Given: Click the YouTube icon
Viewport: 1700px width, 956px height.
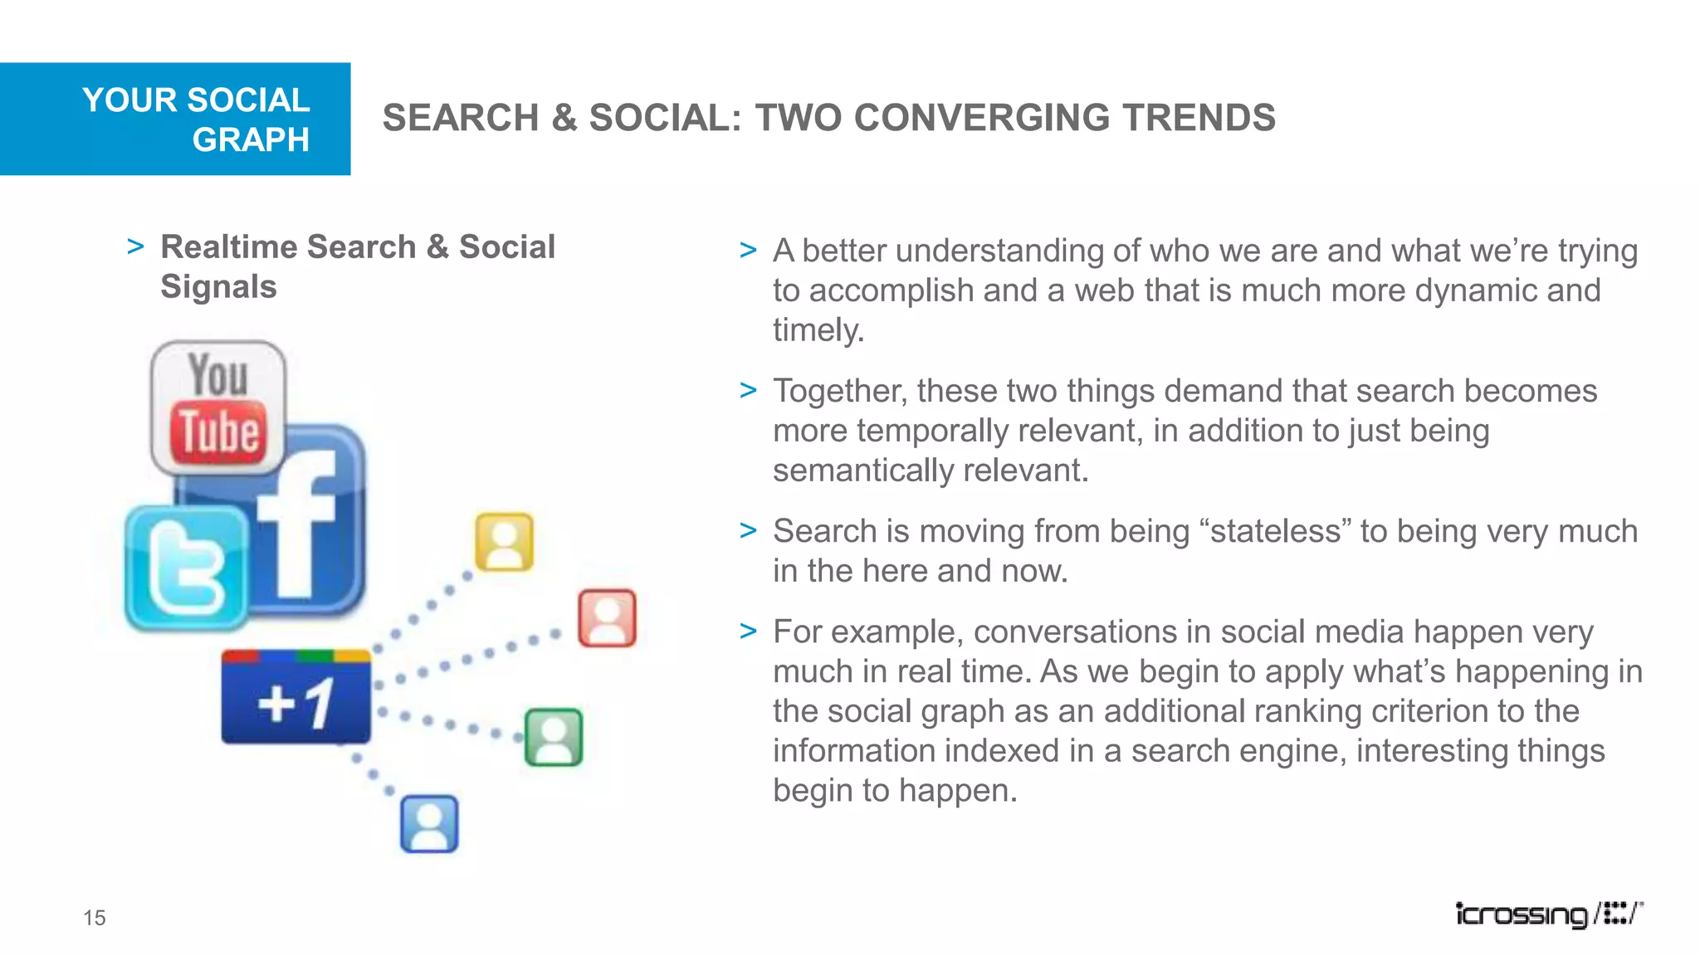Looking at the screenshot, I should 218,407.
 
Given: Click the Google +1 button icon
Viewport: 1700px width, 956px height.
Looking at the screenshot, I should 296,698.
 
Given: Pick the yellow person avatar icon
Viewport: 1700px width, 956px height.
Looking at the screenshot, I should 504,542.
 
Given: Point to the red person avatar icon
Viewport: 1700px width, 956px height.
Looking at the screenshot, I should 607,618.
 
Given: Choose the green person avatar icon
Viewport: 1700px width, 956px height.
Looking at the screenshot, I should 554,737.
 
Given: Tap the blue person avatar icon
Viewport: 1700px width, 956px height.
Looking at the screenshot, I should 429,824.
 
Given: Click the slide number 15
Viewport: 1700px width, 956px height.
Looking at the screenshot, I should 95,918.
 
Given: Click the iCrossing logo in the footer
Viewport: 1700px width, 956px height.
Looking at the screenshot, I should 1548,914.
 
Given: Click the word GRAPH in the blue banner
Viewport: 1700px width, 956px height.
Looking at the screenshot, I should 251,139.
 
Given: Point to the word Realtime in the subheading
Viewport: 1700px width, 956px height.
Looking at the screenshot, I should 229,247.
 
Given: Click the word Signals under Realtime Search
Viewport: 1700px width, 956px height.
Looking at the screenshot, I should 218,287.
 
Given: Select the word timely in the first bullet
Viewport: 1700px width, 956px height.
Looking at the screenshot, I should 818,330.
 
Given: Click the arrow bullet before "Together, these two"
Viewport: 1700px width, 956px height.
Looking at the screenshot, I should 748,390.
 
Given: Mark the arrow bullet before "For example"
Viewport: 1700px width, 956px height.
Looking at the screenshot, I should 748,632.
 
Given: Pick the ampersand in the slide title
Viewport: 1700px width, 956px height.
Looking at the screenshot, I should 564,118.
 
